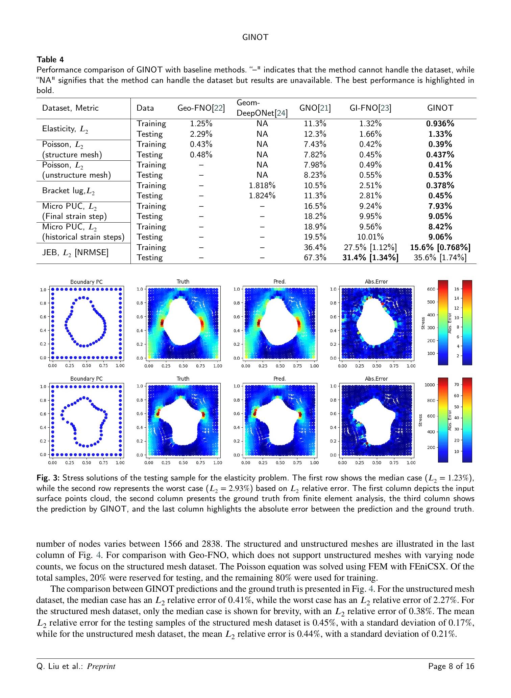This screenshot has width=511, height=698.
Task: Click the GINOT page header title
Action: [x=255, y=38]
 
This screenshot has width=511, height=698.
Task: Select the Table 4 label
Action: [x=50, y=60]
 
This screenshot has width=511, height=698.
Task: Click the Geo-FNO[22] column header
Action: [x=201, y=108]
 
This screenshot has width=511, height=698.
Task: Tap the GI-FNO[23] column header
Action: [x=370, y=108]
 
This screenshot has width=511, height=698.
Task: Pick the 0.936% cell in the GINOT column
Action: [x=440, y=124]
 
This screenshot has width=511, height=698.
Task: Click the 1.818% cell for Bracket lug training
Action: [x=262, y=185]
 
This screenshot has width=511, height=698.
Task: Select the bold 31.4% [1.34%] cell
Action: [x=370, y=257]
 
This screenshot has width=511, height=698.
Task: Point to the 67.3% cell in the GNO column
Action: [x=315, y=257]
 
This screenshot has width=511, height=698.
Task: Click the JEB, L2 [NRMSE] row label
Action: [x=75, y=252]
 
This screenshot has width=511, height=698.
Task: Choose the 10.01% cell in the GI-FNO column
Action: [x=370, y=237]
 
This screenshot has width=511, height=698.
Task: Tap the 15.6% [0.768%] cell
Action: [x=440, y=247]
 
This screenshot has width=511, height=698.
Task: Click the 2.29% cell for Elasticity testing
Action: [x=201, y=134]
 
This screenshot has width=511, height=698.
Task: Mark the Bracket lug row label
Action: [x=69, y=191]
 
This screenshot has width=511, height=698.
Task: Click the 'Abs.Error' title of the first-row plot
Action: [x=376, y=282]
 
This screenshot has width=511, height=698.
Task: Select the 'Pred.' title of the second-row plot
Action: [x=279, y=379]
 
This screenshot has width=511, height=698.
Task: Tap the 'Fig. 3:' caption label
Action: [x=48, y=478]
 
